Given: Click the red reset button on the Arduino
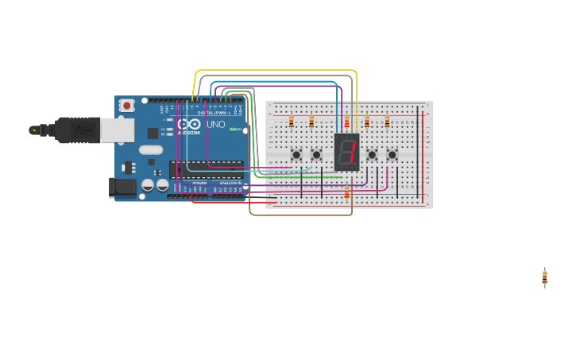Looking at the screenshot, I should point(126,105).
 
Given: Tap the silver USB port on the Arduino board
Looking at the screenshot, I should point(117,130).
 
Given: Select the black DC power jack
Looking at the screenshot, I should point(122,187).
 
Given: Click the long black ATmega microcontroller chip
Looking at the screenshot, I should point(206,168).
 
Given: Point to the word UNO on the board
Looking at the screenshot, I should point(216,125).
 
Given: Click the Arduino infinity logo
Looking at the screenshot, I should point(190,125).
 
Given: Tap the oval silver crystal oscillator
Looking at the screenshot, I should point(150,149).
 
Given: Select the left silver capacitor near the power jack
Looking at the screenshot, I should point(148,185).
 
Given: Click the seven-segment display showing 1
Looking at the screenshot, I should point(347,152).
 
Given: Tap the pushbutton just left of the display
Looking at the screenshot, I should point(316,155).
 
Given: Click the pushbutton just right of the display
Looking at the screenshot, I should point(372,155).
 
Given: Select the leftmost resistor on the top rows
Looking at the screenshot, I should point(291,122).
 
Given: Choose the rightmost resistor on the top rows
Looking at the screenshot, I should point(387,122).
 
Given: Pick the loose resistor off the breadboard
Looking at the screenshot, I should point(544,277).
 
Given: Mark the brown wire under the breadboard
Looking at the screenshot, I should point(302,215).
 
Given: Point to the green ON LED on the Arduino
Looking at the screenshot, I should point(234,130).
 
